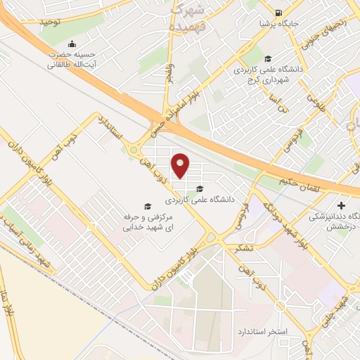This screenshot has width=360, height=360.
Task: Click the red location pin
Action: coord(181,165)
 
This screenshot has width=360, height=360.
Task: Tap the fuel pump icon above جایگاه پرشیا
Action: coord(279,13)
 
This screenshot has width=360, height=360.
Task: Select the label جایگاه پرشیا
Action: coord(280,24)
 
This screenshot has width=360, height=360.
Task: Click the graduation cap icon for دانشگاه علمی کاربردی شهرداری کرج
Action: coord(267,59)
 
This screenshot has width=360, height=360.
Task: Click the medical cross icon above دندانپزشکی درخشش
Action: coord(342,205)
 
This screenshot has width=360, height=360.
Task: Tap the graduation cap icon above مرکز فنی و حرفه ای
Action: coord(148,205)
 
